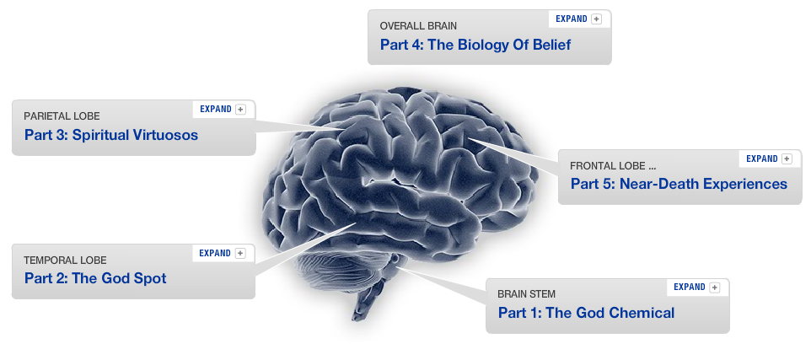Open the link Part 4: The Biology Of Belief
click(x=475, y=45)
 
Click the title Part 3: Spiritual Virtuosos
click(x=110, y=135)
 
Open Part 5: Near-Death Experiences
click(x=679, y=184)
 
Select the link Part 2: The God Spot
click(x=95, y=278)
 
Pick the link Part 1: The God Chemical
click(x=586, y=313)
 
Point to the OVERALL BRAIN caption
click(x=418, y=26)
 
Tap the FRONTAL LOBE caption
click(x=613, y=165)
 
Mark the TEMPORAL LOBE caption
click(x=65, y=260)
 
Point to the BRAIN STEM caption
click(x=526, y=294)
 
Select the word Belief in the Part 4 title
click(x=550, y=45)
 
